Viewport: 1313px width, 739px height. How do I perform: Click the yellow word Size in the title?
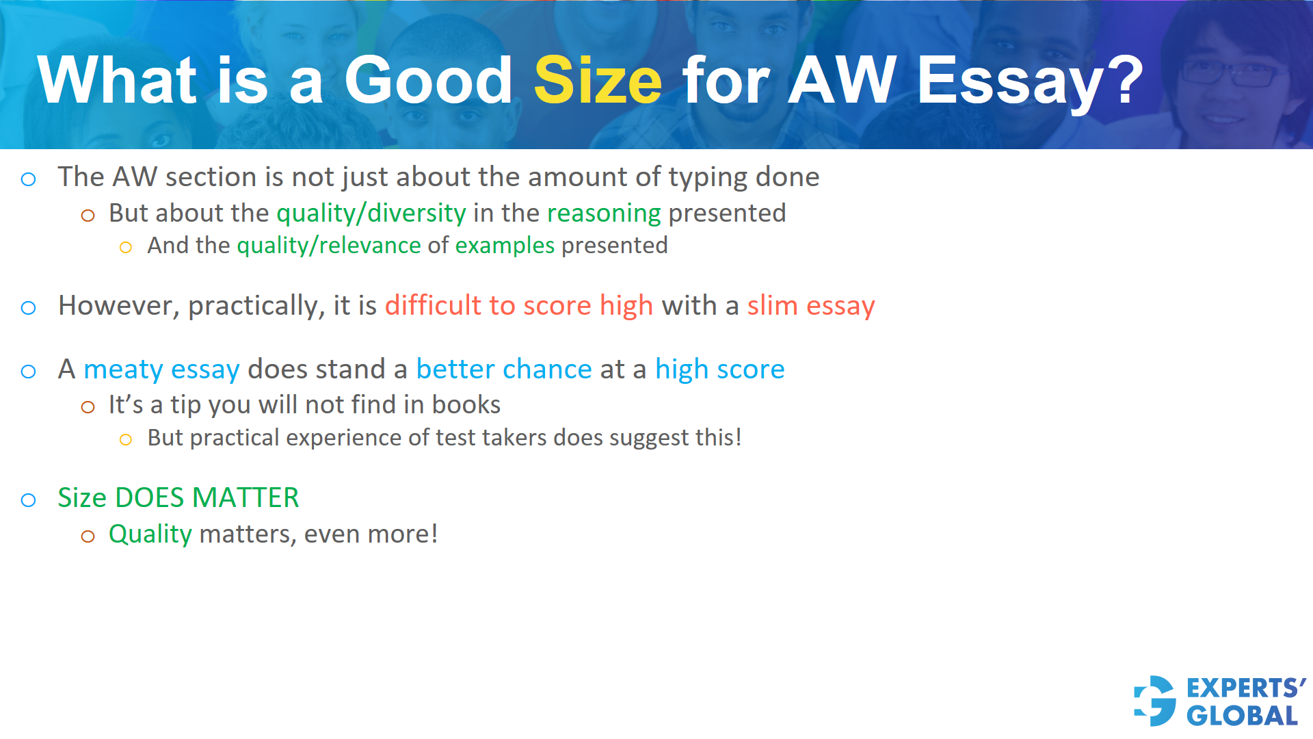coord(598,81)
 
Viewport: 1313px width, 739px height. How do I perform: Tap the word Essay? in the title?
coord(1030,81)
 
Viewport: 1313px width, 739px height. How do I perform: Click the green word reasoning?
coord(604,213)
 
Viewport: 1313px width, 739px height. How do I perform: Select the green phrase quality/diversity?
coord(371,213)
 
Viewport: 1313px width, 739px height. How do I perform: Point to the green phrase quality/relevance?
coord(329,246)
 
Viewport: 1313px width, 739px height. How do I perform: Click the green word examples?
coord(505,246)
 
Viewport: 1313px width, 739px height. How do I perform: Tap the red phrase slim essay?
coord(810,306)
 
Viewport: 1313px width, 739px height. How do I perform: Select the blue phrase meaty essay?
coord(161,369)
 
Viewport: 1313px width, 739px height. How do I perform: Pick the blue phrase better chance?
coord(503,369)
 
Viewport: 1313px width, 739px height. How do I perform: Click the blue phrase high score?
coord(719,369)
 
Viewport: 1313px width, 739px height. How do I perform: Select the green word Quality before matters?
coord(150,534)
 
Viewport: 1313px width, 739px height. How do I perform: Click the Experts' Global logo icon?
coord(1155,701)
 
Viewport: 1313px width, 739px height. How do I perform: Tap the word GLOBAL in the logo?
coord(1242,716)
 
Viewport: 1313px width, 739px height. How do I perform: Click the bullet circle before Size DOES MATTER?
coord(29,500)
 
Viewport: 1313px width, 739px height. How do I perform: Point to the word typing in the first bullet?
coord(708,177)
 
